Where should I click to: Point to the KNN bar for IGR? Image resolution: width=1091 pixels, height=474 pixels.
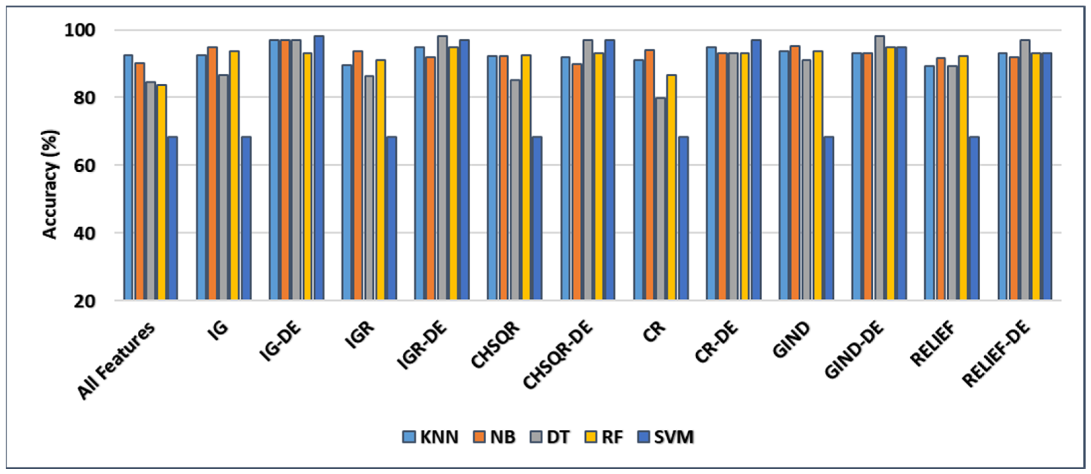point(347,182)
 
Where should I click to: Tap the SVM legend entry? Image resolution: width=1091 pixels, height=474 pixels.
point(665,437)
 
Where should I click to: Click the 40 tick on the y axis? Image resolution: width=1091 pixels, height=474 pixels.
point(85,233)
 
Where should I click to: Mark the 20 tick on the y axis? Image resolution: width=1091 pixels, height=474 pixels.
point(85,301)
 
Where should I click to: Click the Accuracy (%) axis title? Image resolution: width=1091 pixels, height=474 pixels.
point(50,185)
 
